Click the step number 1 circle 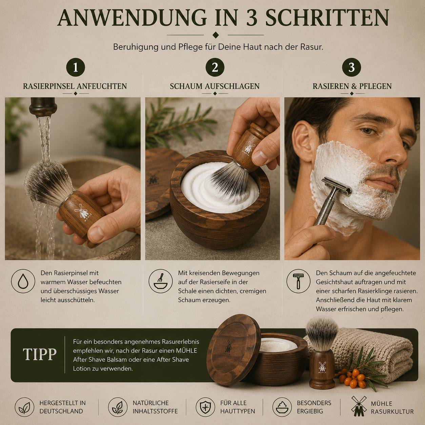point(76,67)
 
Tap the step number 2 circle point(215,67)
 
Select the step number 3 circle point(351,67)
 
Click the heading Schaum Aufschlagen point(215,86)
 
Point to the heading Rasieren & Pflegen point(352,86)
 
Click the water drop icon point(23,281)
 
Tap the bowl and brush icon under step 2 point(161,281)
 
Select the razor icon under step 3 point(298,281)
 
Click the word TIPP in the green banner point(40,355)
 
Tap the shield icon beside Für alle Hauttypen point(205,407)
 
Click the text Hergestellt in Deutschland point(62,407)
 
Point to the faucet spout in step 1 point(43,106)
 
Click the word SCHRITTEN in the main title point(327,18)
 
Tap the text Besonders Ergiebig point(314,407)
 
